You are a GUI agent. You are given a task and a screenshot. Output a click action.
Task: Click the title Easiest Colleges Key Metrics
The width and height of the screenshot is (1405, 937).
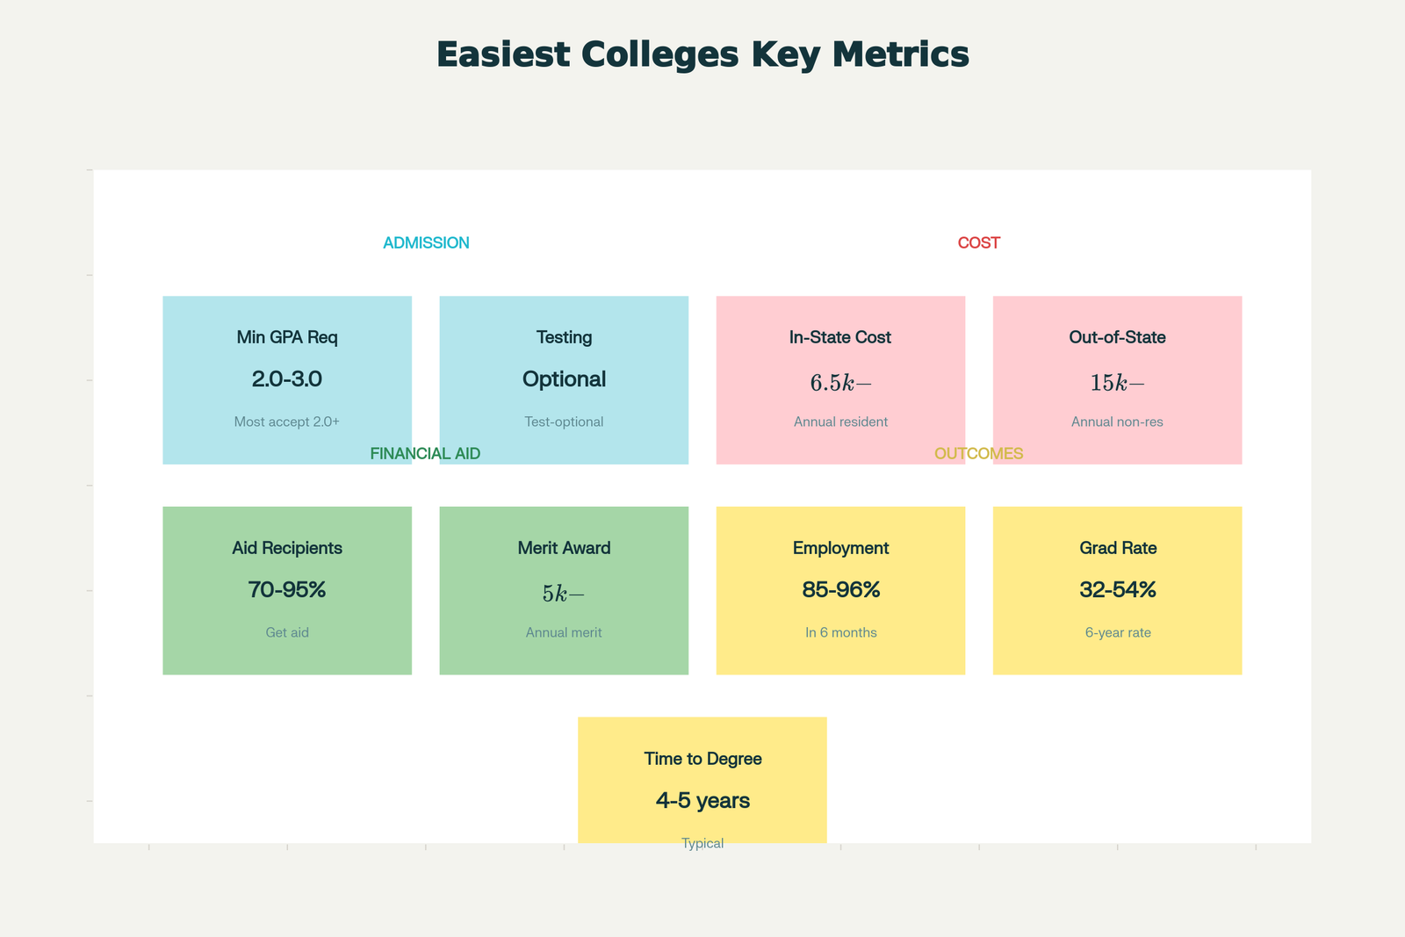click(702, 54)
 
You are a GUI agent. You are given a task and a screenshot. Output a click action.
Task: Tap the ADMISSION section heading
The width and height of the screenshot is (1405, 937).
click(426, 243)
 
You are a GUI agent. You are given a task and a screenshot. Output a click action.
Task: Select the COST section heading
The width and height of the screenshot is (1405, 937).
click(978, 243)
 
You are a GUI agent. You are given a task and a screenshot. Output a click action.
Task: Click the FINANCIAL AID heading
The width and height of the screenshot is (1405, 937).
click(425, 454)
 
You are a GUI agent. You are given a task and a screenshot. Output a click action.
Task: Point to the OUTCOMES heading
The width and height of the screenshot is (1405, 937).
click(978, 454)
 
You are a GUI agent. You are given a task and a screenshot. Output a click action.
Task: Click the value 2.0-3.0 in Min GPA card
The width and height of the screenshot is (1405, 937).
click(287, 379)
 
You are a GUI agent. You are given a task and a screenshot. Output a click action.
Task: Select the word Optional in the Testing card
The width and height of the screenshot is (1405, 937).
click(564, 379)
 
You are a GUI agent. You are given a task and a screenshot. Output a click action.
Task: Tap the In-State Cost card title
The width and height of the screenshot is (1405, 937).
click(840, 337)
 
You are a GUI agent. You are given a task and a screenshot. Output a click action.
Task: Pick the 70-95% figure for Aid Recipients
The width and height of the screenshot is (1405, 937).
click(287, 590)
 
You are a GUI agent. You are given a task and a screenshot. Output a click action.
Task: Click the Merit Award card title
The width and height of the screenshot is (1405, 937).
click(564, 548)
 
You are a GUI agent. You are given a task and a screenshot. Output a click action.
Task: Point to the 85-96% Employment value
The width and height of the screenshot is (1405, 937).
click(840, 590)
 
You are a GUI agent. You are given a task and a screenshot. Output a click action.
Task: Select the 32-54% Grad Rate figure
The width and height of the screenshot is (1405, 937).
click(1117, 590)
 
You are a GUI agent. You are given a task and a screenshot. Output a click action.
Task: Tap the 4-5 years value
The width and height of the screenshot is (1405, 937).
click(702, 801)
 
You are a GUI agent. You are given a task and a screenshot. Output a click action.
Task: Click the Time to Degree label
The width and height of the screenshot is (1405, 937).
click(702, 759)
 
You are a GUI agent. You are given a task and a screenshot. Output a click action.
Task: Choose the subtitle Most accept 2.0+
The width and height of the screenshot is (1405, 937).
click(287, 422)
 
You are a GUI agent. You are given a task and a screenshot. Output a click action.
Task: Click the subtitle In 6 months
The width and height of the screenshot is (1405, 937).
click(840, 632)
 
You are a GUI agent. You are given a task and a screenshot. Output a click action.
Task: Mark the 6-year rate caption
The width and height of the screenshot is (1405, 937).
click(1117, 632)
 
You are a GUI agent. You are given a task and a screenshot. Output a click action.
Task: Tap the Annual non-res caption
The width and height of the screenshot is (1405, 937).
click(1117, 422)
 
